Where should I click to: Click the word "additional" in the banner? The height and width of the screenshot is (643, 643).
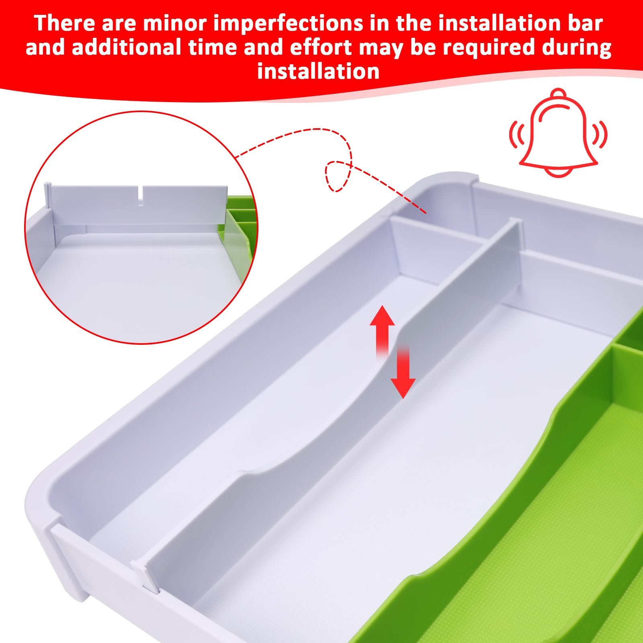(126, 47)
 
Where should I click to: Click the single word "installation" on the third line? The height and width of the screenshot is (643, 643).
(318, 72)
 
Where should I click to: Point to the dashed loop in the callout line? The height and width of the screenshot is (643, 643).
(338, 176)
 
